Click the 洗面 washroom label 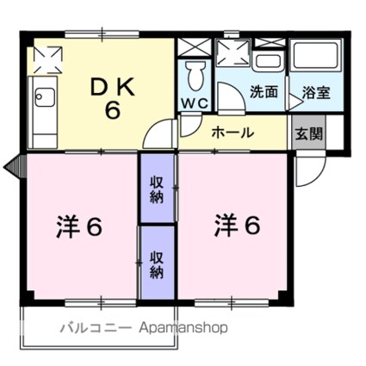click(x=264, y=91)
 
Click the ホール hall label click(x=232, y=133)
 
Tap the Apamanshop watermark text click(x=179, y=327)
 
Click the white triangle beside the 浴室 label click(x=295, y=100)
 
